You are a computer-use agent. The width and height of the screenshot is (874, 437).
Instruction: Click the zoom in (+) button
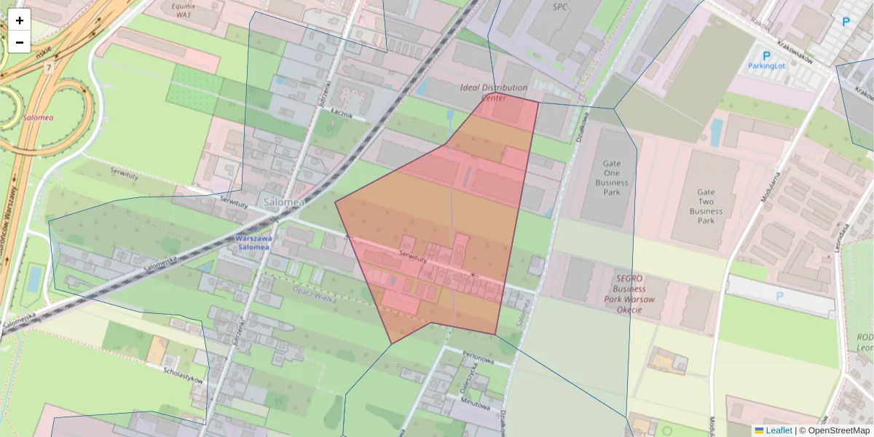(x=20, y=20)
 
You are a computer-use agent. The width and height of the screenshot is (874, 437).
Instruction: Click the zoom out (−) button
(x=20, y=42)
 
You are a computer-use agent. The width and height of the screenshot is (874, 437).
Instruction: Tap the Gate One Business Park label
(x=611, y=178)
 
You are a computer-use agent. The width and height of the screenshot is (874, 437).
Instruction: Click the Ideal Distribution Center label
(x=494, y=92)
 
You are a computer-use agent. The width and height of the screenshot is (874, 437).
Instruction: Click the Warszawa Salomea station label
(x=253, y=243)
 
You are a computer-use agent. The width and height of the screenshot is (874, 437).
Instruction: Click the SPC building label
(x=559, y=7)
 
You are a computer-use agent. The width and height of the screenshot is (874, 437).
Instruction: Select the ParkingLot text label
(x=766, y=66)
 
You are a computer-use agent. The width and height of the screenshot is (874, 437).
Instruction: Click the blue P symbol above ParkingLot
(x=766, y=55)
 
